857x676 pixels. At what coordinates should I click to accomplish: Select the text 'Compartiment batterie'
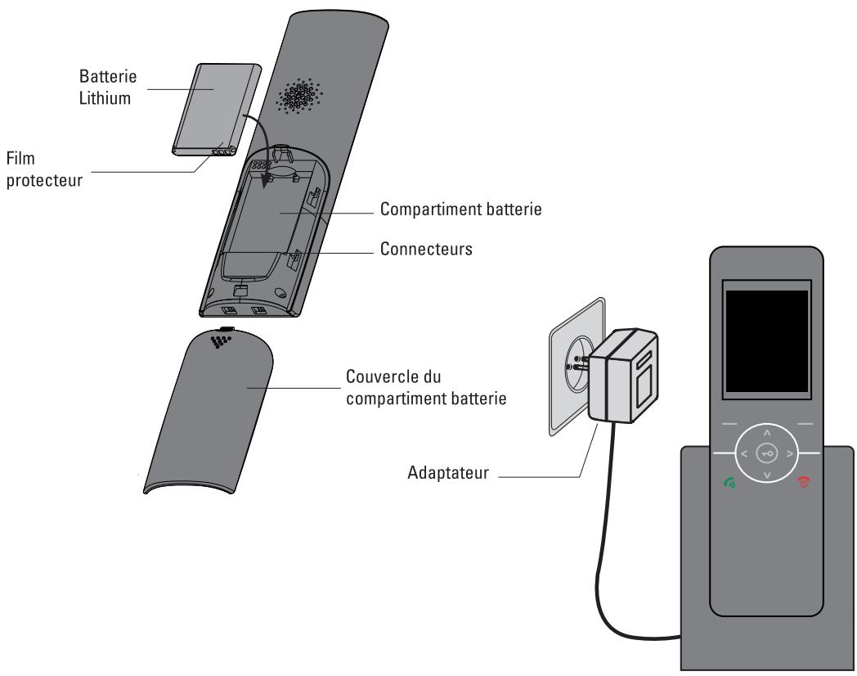461,210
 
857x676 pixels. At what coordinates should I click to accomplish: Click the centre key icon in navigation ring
766,453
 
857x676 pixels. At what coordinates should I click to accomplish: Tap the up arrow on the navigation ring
766,431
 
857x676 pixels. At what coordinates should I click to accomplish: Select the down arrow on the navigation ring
766,474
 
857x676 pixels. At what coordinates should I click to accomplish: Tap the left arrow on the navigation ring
743,453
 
